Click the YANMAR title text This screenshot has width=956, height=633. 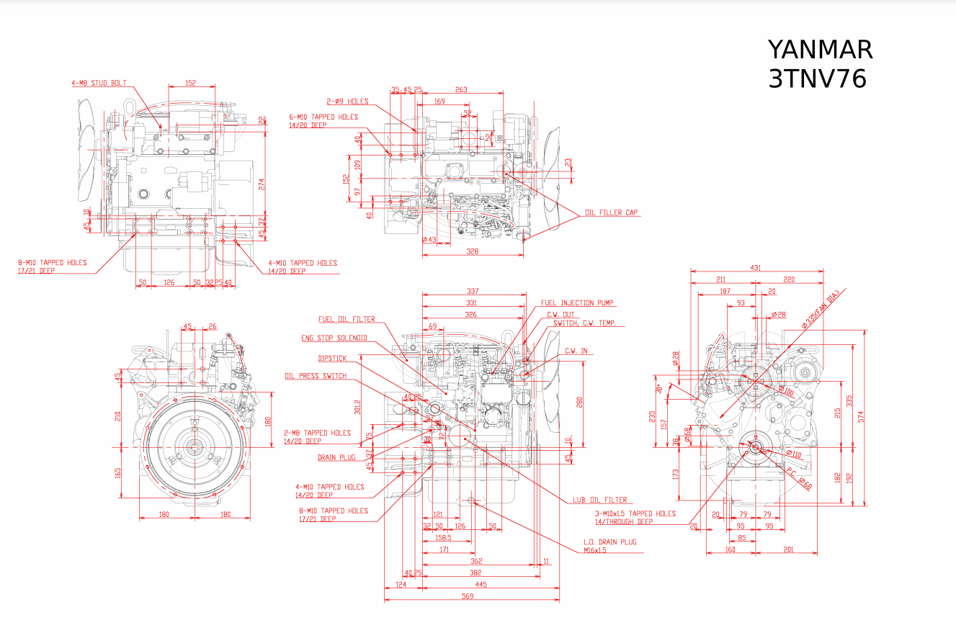820,50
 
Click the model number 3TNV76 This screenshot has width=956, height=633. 817,78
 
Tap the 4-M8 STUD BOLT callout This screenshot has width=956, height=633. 99,84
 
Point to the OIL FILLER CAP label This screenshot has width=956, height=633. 611,212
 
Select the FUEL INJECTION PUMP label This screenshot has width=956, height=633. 577,303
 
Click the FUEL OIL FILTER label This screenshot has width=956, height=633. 347,319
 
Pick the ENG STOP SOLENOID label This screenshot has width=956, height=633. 334,338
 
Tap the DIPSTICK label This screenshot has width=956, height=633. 332,358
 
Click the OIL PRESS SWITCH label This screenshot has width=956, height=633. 316,376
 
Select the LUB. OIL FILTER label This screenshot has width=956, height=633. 600,500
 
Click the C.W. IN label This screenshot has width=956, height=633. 576,351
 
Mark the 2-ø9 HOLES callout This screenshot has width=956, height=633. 347,102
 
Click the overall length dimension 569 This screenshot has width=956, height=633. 468,596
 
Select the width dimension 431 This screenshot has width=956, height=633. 755,268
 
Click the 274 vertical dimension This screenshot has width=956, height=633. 262,184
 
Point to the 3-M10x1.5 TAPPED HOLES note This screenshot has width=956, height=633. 635,513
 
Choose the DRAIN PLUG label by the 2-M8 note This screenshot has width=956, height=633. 336,457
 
